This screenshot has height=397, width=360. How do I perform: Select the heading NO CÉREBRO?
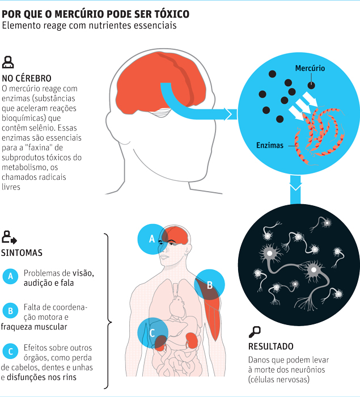pyautogui.click(x=27, y=78)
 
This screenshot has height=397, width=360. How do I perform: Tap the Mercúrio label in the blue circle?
pyautogui.click(x=310, y=69)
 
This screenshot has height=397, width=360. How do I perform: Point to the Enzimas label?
pyautogui.click(x=269, y=146)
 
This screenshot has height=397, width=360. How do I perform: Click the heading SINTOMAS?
pyautogui.click(x=22, y=253)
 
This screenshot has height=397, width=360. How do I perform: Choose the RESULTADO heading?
pyautogui.click(x=271, y=346)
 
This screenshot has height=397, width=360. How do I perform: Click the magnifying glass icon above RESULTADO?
pyautogui.click(x=255, y=331)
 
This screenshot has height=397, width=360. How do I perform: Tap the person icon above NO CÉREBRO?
pyautogui.click(x=8, y=62)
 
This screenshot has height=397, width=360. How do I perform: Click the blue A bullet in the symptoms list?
pyautogui.click(x=10, y=277)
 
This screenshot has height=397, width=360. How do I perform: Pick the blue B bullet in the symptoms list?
pyautogui.click(x=10, y=311)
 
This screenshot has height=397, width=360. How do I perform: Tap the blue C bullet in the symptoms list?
pyautogui.click(x=10, y=351)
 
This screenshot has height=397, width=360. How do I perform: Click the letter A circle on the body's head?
pyautogui.click(x=151, y=239)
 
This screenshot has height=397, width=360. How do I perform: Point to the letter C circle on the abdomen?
pyautogui.click(x=152, y=332)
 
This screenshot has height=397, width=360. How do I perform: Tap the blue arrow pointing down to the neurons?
pyautogui.click(x=295, y=188)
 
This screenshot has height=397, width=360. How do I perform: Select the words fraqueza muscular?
pyautogui.click(x=34, y=327)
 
